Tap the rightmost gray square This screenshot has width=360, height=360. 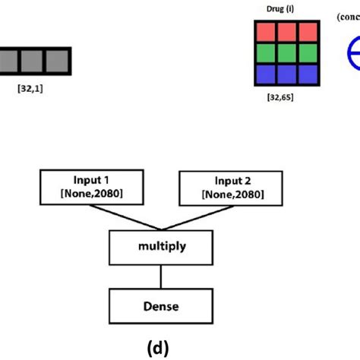[56, 62]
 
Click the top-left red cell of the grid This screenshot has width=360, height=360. [266, 32]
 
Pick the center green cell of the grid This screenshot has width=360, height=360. [286, 52]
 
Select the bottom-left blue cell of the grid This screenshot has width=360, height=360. [266, 73]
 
